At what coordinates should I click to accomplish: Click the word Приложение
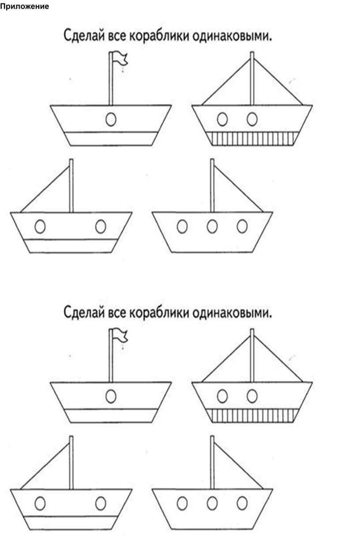[x=24, y=7]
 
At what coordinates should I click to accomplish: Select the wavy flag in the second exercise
[x=120, y=335]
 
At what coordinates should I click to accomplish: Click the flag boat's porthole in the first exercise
[x=111, y=119]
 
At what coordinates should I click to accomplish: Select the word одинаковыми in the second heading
[x=232, y=313]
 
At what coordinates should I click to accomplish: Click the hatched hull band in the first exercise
[x=252, y=139]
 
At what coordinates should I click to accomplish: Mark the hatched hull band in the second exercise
[x=252, y=416]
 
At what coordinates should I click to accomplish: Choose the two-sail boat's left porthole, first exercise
[x=222, y=119]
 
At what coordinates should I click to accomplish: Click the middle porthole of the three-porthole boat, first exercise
[x=212, y=226]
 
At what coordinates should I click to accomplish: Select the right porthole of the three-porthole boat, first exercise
[x=242, y=226]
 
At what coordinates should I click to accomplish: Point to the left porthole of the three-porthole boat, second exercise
[x=182, y=503]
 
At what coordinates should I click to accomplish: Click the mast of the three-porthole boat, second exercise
[x=212, y=462]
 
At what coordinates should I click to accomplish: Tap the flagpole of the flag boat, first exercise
[x=111, y=79]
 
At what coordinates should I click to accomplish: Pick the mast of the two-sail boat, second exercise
[x=252, y=356]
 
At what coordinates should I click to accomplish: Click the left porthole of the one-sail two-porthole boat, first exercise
[x=40, y=226]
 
